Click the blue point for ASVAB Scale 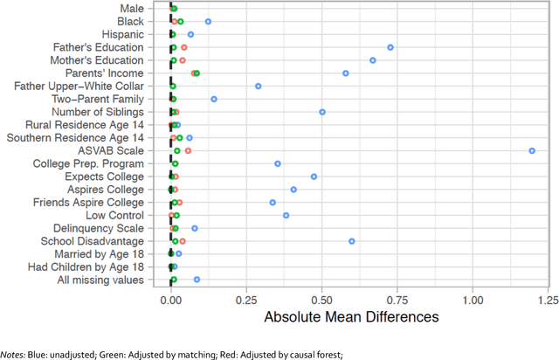click(533, 150)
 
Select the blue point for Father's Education click(390, 47)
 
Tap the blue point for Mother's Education click(373, 60)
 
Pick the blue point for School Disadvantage click(352, 241)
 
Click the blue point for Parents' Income click(346, 73)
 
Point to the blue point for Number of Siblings click(322, 112)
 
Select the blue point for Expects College click(314, 177)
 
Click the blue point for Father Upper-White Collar click(259, 87)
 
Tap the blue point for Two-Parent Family click(214, 100)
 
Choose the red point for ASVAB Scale click(188, 150)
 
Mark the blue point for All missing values click(197, 280)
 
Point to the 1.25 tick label click(548, 299)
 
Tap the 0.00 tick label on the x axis click(171, 299)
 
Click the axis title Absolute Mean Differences click(352, 316)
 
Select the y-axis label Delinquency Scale click(100, 228)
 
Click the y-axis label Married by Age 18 click(97, 253)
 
